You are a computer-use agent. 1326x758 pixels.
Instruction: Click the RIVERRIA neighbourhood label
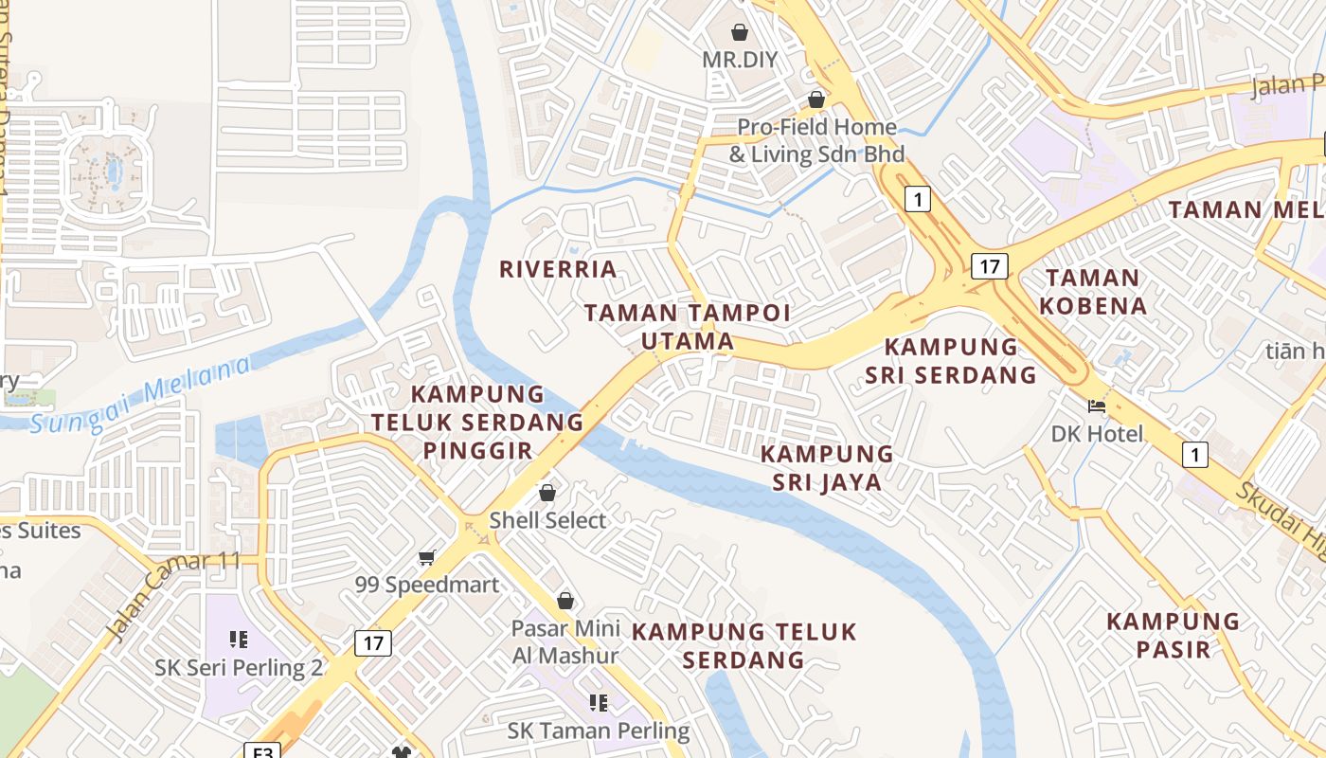click(558, 269)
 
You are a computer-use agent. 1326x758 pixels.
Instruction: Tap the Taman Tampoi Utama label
click(687, 327)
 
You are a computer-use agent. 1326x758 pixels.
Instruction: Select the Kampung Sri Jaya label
click(827, 468)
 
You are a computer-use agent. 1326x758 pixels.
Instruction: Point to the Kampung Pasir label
click(1173, 635)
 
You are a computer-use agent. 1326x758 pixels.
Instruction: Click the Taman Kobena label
click(1093, 292)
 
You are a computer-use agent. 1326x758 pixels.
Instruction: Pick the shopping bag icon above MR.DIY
click(740, 32)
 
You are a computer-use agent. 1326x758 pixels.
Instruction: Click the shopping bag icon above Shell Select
click(547, 493)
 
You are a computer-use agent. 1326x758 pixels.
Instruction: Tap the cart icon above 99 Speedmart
click(426, 557)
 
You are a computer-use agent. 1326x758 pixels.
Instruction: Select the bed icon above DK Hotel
click(1097, 406)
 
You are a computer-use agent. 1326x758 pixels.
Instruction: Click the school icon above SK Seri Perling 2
click(239, 640)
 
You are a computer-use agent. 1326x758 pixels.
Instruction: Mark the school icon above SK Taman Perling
click(599, 703)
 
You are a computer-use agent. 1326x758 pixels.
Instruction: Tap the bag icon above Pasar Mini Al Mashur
click(565, 601)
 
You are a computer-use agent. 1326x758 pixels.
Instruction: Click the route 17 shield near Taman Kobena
click(989, 266)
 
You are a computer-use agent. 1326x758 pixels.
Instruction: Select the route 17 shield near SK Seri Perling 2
click(373, 643)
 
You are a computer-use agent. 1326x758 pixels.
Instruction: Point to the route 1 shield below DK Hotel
click(1195, 456)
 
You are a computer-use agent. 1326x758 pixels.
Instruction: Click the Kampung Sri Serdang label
click(951, 361)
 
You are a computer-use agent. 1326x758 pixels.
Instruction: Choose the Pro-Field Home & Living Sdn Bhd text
click(816, 140)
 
